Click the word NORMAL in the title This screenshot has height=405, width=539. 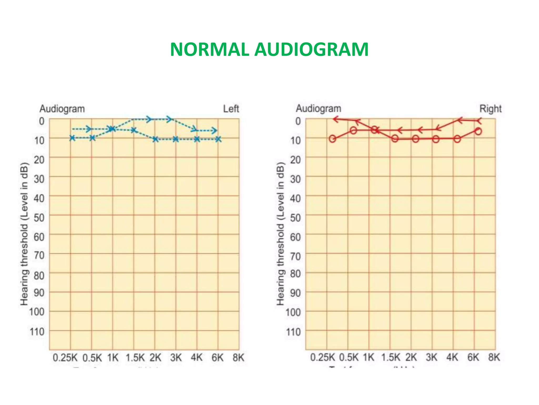(x=209, y=50)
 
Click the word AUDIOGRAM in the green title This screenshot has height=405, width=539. (x=311, y=50)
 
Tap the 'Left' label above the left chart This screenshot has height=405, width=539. (x=231, y=109)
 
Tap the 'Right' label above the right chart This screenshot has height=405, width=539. (x=490, y=109)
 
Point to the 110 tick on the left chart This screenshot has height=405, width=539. (x=37, y=331)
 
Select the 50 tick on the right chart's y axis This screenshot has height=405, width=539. (x=295, y=218)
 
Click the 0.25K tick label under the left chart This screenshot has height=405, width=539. (x=65, y=358)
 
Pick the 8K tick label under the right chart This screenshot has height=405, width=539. (x=494, y=358)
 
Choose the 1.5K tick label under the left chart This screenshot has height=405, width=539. (x=135, y=358)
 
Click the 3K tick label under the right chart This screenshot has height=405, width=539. (x=431, y=358)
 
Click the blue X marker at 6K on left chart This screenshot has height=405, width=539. (x=218, y=139)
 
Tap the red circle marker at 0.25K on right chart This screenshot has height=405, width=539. (x=332, y=139)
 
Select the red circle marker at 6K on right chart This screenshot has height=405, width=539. (x=478, y=131)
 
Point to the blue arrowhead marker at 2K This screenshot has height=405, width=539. (x=149, y=119)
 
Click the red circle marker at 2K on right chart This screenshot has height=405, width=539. (x=415, y=139)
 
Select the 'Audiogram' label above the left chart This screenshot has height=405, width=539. (x=62, y=109)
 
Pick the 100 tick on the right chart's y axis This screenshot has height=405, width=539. (x=293, y=312)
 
